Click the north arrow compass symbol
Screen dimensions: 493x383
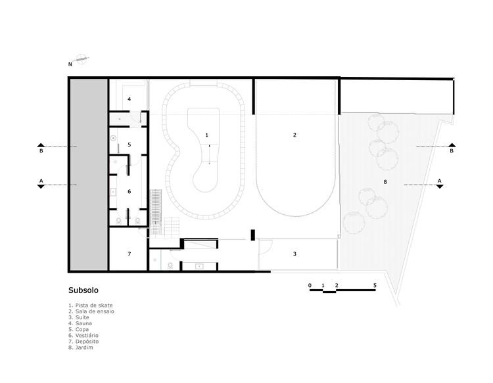tap(81, 58)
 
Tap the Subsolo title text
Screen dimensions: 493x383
tap(83, 290)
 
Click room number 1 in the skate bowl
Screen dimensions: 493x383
tap(206, 135)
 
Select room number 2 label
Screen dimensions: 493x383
tap(294, 135)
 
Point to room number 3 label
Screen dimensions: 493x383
tap(294, 254)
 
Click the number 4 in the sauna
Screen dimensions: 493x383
tap(129, 99)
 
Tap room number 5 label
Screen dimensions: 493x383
tap(129, 145)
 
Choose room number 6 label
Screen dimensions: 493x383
tap(129, 191)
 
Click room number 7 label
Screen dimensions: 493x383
tap(129, 254)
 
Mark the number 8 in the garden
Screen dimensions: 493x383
tap(385, 182)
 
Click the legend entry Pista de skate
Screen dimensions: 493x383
tap(91, 305)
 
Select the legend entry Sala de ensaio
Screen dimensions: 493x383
tap(91, 311)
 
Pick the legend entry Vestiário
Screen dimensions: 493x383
tap(83, 336)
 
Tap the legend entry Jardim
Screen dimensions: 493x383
tap(81, 348)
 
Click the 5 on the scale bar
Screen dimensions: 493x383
tap(375, 285)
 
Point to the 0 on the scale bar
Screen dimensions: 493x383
tap(310, 285)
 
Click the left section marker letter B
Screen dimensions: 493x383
tap(41, 151)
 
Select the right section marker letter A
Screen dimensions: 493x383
tap(440, 181)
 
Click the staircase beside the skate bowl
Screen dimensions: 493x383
tap(156, 212)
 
